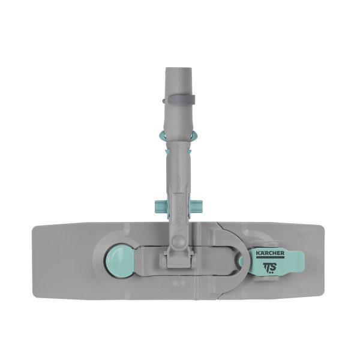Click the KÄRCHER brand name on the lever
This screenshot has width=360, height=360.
(271, 253)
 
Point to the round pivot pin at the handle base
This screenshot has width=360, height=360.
(178, 241)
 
